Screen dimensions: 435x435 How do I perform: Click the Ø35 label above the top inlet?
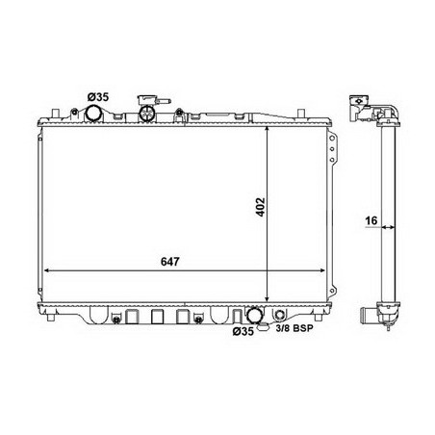[98, 96]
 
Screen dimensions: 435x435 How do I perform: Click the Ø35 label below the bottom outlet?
[243, 331]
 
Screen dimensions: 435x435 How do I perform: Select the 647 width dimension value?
[170, 262]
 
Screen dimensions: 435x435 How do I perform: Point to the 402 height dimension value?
[261, 207]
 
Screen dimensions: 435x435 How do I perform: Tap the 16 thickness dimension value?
[371, 220]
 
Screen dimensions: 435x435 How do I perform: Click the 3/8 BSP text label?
[294, 328]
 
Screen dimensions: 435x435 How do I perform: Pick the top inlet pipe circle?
[93, 114]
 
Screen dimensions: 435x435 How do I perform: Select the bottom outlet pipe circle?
[254, 315]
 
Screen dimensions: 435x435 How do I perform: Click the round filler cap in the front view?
[147, 114]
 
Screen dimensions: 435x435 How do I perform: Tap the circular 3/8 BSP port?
[280, 315]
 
